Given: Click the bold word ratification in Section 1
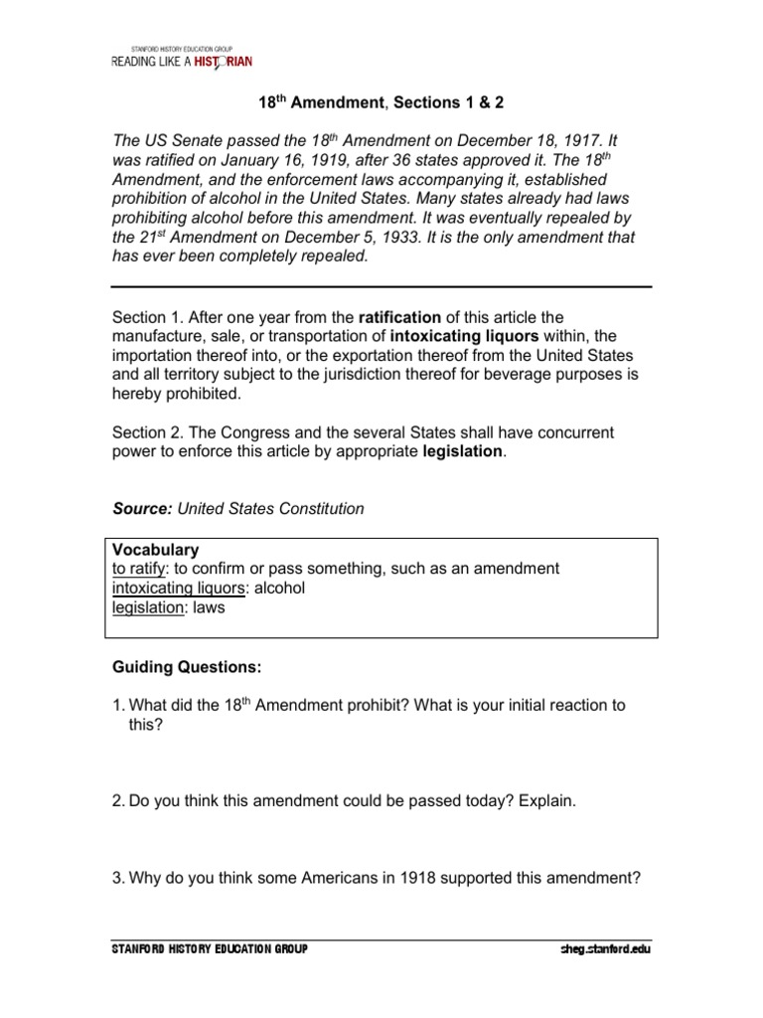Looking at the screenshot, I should pyautogui.click(x=399, y=317).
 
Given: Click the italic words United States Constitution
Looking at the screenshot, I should pyautogui.click(x=270, y=508).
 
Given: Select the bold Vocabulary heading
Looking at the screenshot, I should pyautogui.click(x=156, y=549).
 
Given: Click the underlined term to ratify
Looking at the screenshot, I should pyautogui.click(x=138, y=569).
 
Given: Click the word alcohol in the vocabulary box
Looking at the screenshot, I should pyautogui.click(x=280, y=588).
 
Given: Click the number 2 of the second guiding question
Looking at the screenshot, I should pyautogui.click(x=116, y=800).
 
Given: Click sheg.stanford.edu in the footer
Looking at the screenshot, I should pyautogui.click(x=604, y=949).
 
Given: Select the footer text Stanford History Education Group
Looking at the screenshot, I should pyautogui.click(x=210, y=949).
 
